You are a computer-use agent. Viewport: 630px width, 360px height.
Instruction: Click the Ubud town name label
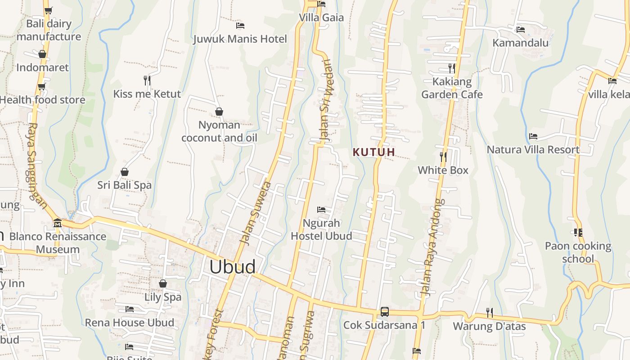[232, 267]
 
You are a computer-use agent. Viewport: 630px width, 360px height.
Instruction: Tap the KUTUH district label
[374, 152]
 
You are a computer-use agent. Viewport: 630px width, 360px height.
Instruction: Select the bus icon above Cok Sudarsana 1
[384, 311]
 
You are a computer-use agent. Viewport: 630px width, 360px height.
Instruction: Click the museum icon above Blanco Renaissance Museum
[57, 223]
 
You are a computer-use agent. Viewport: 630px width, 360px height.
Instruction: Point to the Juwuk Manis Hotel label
[240, 39]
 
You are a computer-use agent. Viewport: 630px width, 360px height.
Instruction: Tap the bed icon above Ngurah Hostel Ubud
[321, 210]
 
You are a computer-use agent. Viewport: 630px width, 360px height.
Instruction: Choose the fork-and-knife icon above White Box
[443, 157]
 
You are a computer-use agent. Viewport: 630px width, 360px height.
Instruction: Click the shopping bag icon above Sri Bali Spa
[125, 172]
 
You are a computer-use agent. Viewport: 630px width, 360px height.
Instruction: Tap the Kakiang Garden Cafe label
[452, 88]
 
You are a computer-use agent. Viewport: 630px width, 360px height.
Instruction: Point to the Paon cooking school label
[578, 252]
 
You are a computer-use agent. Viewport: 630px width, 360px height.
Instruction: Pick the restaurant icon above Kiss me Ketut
[147, 80]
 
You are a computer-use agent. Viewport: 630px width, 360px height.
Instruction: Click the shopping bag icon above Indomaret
[42, 54]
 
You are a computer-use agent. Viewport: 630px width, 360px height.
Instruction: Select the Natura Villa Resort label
[533, 149]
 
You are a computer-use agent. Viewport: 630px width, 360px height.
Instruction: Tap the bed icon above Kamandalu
[521, 29]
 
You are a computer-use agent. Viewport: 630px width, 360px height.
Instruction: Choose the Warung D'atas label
[489, 326]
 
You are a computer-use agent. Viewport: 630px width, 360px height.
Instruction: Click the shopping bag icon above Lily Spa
[163, 283]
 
